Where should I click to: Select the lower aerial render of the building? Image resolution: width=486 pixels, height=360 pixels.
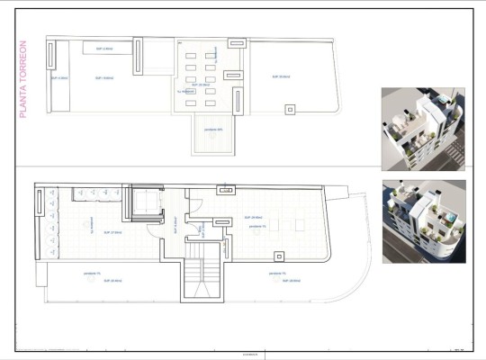(423, 221)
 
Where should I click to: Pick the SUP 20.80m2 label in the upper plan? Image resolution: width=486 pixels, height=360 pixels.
(282, 77)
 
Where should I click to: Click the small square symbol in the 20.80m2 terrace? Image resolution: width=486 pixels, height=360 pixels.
(289, 109)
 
